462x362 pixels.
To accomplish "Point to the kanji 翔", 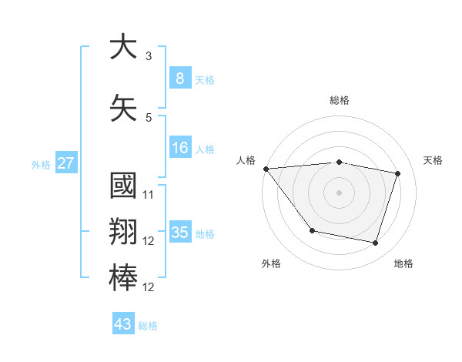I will (x=123, y=233).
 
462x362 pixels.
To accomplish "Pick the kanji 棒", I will (x=123, y=278).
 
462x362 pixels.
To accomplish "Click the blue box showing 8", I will (x=179, y=78).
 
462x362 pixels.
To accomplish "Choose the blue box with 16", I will (x=179, y=148).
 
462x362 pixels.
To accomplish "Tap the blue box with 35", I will (x=179, y=233).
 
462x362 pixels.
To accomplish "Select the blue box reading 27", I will (x=65, y=163).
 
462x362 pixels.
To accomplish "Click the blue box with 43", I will (x=123, y=324).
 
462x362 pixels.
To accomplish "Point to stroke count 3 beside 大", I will (x=148, y=56).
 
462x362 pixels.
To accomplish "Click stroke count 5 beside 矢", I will (x=148, y=117).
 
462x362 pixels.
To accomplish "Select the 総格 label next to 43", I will (x=148, y=326).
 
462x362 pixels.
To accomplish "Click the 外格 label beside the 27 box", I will (x=40, y=164).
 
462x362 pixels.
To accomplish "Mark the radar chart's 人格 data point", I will (x=266, y=169).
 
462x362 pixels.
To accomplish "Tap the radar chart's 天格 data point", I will (x=397, y=174).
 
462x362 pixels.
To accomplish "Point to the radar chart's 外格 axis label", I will (x=271, y=264).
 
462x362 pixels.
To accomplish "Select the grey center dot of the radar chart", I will (x=339, y=193).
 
